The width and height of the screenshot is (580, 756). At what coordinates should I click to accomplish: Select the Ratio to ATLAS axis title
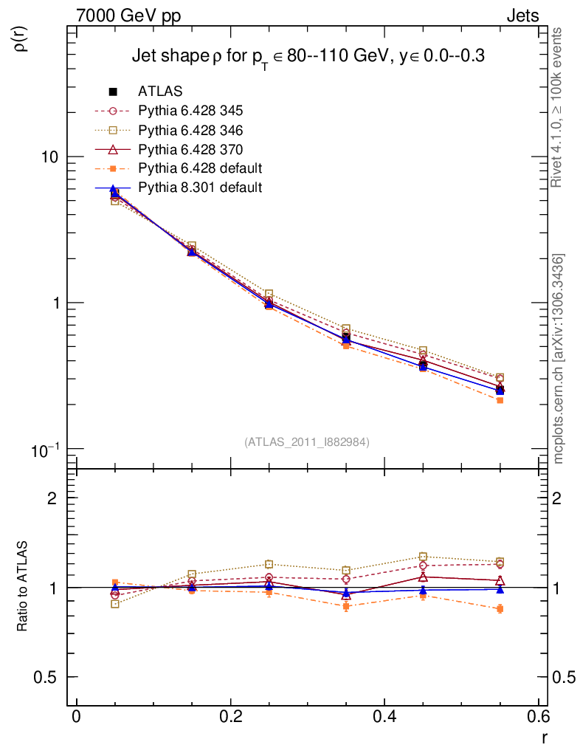tap(23, 587)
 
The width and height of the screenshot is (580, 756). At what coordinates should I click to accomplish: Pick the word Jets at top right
tap(522, 16)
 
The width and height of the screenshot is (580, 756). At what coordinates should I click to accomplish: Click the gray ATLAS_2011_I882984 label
tap(307, 441)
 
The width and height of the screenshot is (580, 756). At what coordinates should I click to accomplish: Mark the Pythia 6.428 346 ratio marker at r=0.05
tap(114, 604)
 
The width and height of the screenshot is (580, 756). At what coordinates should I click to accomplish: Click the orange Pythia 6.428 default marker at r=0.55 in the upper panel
tap(500, 400)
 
